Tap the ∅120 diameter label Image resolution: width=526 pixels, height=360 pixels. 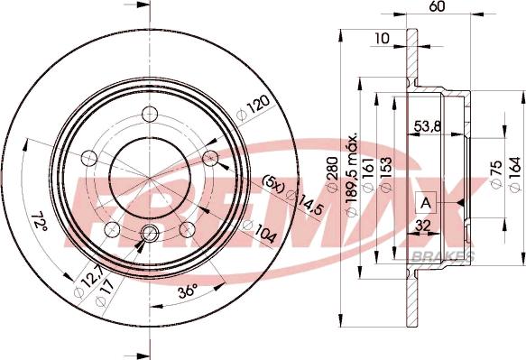click(x=256, y=107)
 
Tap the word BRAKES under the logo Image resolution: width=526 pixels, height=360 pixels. click(x=443, y=258)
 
